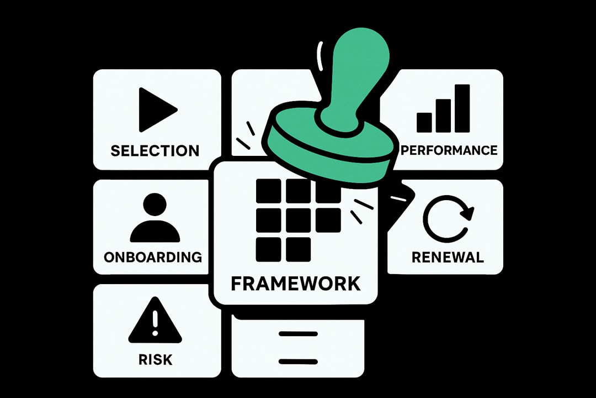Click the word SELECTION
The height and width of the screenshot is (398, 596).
click(x=155, y=150)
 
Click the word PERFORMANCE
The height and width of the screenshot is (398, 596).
click(x=449, y=150)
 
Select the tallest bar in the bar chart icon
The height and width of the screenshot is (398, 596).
click(x=462, y=108)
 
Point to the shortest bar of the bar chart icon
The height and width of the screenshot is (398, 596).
click(x=424, y=122)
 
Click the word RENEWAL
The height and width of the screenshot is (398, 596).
click(x=448, y=257)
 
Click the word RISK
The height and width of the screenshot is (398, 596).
click(x=155, y=360)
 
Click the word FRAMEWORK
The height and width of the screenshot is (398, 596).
click(x=296, y=284)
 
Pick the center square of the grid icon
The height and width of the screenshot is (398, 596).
click(x=298, y=220)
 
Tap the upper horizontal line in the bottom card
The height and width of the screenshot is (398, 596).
click(x=298, y=334)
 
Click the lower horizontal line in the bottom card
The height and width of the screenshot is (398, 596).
click(x=298, y=362)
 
